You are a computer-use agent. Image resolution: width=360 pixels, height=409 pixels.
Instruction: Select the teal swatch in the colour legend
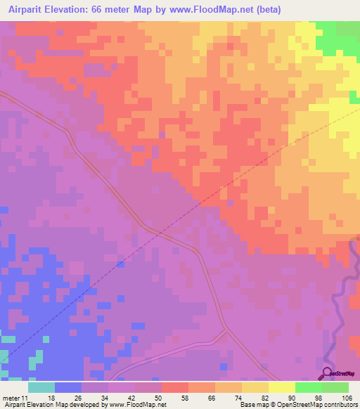pyautogui.click(x=41, y=387)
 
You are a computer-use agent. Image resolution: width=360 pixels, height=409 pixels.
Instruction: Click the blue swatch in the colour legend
pyautogui.click(x=68, y=387)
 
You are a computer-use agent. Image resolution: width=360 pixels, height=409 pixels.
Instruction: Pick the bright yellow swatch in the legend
pyautogui.click(x=282, y=387)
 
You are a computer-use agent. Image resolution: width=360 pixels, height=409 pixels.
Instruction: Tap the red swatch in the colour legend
pyautogui.click(x=175, y=387)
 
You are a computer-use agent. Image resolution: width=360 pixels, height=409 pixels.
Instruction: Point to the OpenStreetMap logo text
pyautogui.click(x=345, y=374)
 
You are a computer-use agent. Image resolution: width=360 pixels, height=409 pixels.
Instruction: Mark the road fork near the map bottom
pyautogui.click(x=224, y=330)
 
